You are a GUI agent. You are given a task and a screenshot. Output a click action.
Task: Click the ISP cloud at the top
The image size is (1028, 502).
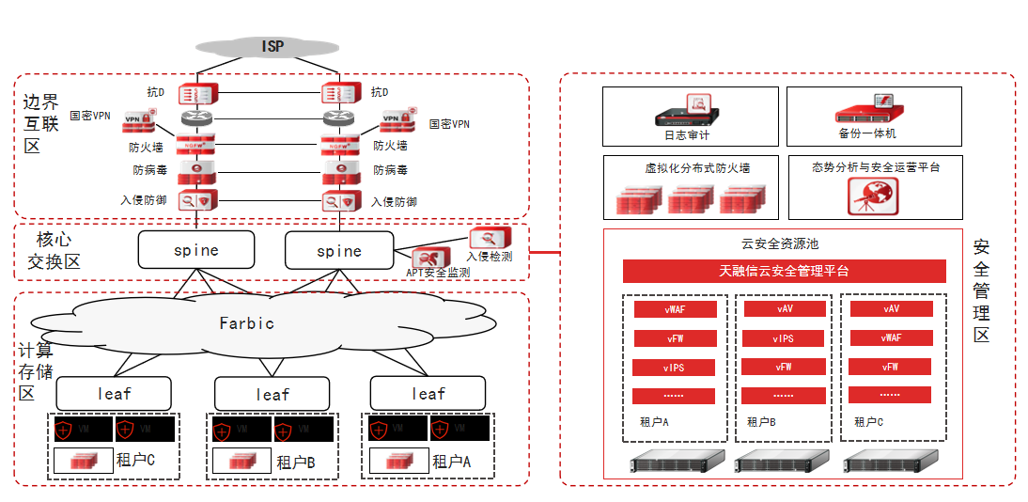pos(272,46)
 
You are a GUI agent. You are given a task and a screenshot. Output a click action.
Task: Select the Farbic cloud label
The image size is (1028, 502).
pos(247,322)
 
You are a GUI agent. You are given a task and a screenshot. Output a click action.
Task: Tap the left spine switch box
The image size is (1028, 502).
pos(196,250)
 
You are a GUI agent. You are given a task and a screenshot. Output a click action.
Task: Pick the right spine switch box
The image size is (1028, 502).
pos(339,251)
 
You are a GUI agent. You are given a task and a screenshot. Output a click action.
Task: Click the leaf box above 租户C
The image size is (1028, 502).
pos(114,394)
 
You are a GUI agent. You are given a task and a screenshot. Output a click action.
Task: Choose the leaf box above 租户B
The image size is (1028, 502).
pos(273,395)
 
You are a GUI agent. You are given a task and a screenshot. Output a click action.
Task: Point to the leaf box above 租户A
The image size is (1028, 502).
pos(428,394)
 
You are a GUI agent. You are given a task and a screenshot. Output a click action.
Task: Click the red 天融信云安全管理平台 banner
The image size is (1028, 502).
pos(784,271)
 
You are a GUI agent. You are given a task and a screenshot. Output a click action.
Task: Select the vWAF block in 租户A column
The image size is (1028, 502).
pos(675,308)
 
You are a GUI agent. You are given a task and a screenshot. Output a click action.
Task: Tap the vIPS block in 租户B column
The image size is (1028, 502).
pos(784,338)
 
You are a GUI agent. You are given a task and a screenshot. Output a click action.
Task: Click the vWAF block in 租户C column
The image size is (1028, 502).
pos(891,337)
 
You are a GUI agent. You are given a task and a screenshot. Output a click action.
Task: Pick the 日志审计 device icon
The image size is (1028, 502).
pos(688,111)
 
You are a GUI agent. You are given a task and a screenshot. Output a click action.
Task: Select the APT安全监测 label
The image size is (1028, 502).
pos(438,273)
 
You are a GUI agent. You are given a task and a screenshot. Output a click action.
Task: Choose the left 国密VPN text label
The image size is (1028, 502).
pos(90,116)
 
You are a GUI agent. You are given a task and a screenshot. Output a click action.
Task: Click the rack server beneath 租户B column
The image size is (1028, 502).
pos(784,461)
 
